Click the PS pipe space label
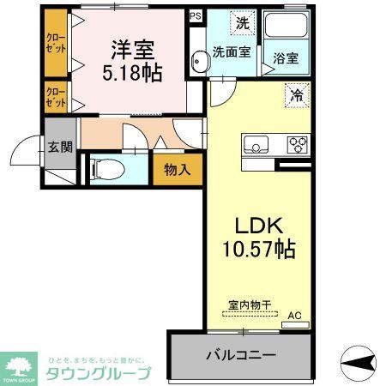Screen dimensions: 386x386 tap(195, 15)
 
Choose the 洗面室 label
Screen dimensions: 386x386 tap(231, 52)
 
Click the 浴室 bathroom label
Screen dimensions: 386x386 tap(286, 58)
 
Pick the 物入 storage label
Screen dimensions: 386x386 tap(178, 169)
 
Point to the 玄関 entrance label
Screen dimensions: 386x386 tap(59, 147)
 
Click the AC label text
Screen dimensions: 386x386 tap(294, 316)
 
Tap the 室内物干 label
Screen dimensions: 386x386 tap(248, 304)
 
